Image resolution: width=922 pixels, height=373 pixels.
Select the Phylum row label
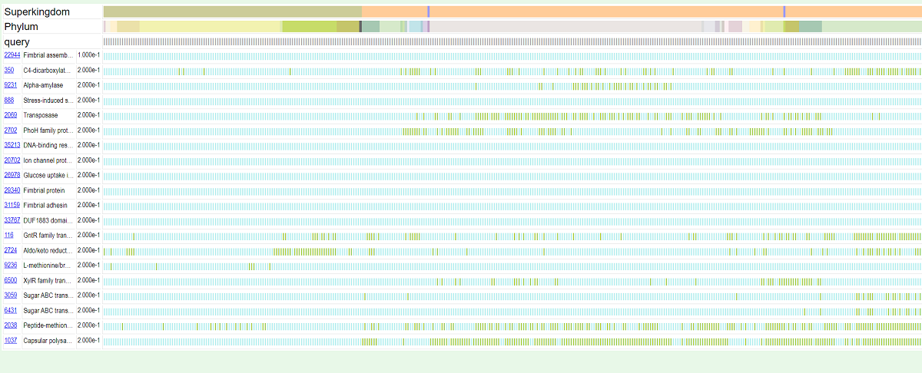tap(22, 27)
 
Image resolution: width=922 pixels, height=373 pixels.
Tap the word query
tap(17, 41)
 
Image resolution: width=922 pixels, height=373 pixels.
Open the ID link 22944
tap(12, 55)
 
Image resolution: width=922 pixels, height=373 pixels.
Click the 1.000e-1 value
tap(88, 55)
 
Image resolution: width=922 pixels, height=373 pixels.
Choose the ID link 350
tap(9, 71)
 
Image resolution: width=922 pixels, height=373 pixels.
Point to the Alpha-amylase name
tap(43, 85)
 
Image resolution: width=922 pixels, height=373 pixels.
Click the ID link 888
tap(9, 101)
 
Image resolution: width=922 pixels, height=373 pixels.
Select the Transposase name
tap(41, 115)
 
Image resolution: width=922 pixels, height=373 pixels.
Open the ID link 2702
tap(11, 130)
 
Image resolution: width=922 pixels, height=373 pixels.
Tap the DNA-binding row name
tap(48, 145)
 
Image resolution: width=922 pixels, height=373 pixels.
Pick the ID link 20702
tap(12, 160)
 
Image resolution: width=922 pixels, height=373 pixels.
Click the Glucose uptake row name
tap(48, 175)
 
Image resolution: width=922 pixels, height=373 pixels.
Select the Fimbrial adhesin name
tap(45, 205)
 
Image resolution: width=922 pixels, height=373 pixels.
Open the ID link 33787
tap(12, 220)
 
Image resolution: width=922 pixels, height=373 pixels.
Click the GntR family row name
tap(48, 235)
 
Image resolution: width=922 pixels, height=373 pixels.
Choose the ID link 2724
tap(11, 250)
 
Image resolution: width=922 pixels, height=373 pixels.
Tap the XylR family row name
tap(48, 280)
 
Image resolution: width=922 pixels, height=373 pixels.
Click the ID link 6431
tap(11, 310)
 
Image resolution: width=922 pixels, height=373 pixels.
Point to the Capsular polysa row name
tap(48, 340)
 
